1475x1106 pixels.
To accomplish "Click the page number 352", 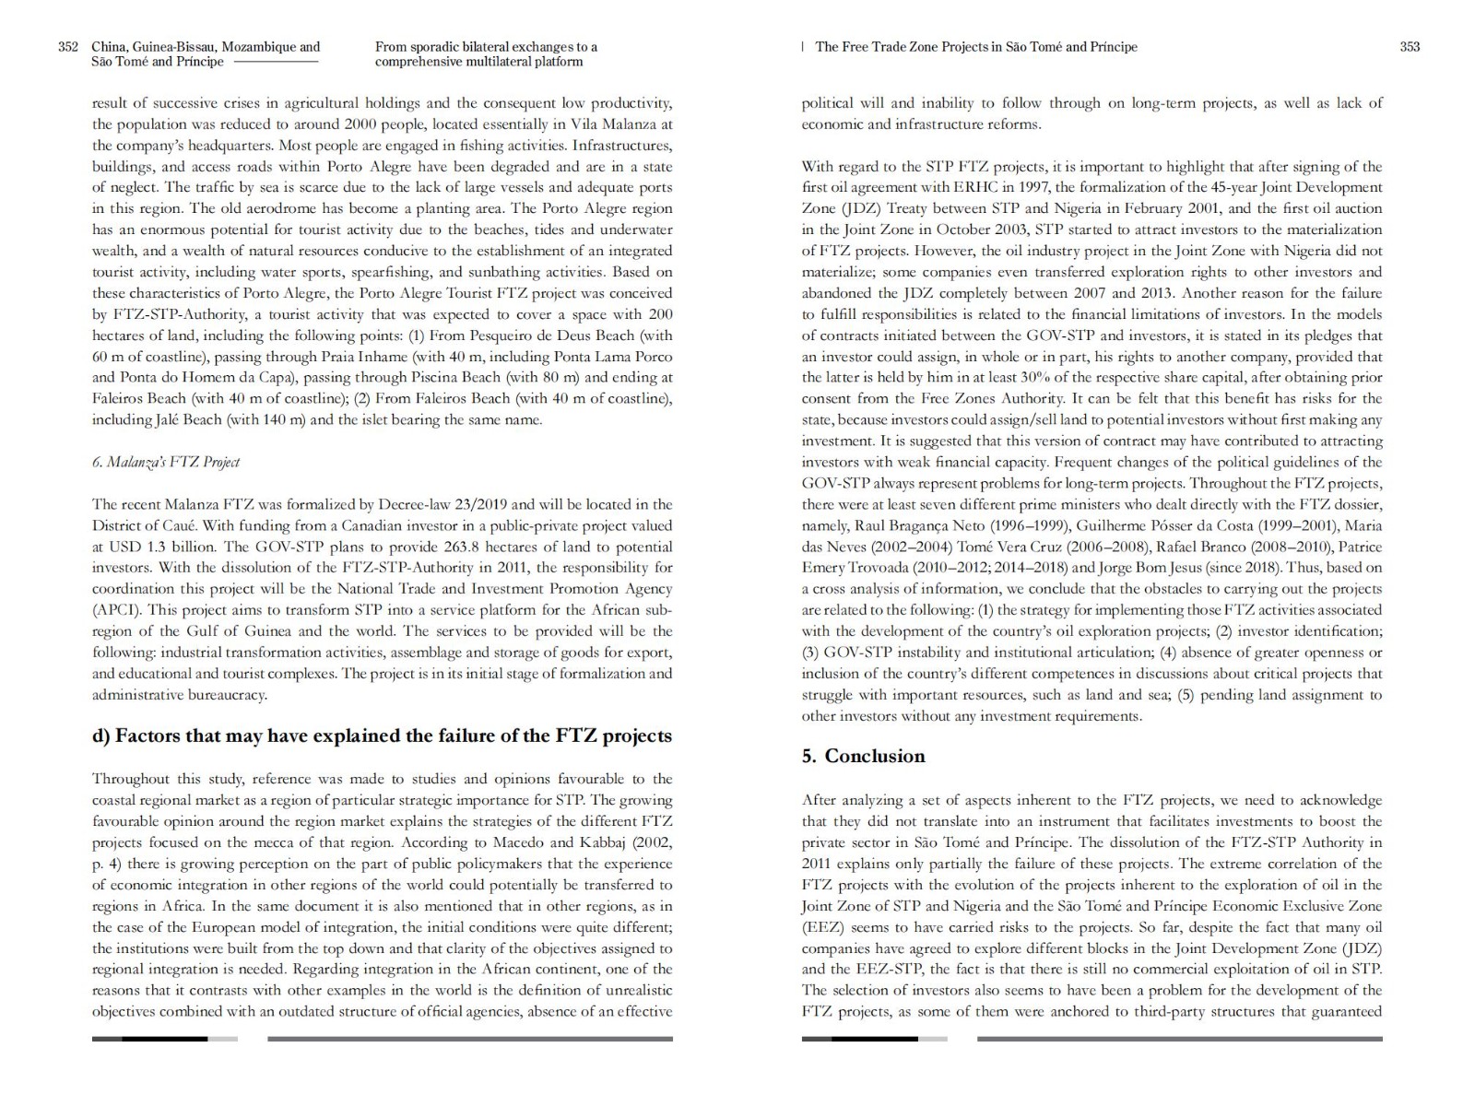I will coord(67,47).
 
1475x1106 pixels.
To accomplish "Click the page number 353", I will coord(1410,47).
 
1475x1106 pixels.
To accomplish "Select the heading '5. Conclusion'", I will coord(863,756).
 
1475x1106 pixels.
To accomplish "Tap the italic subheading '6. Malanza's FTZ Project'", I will coord(166,462).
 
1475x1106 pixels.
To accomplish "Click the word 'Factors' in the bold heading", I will coord(154,735).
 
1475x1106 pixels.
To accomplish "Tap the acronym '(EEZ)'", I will coord(821,927).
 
